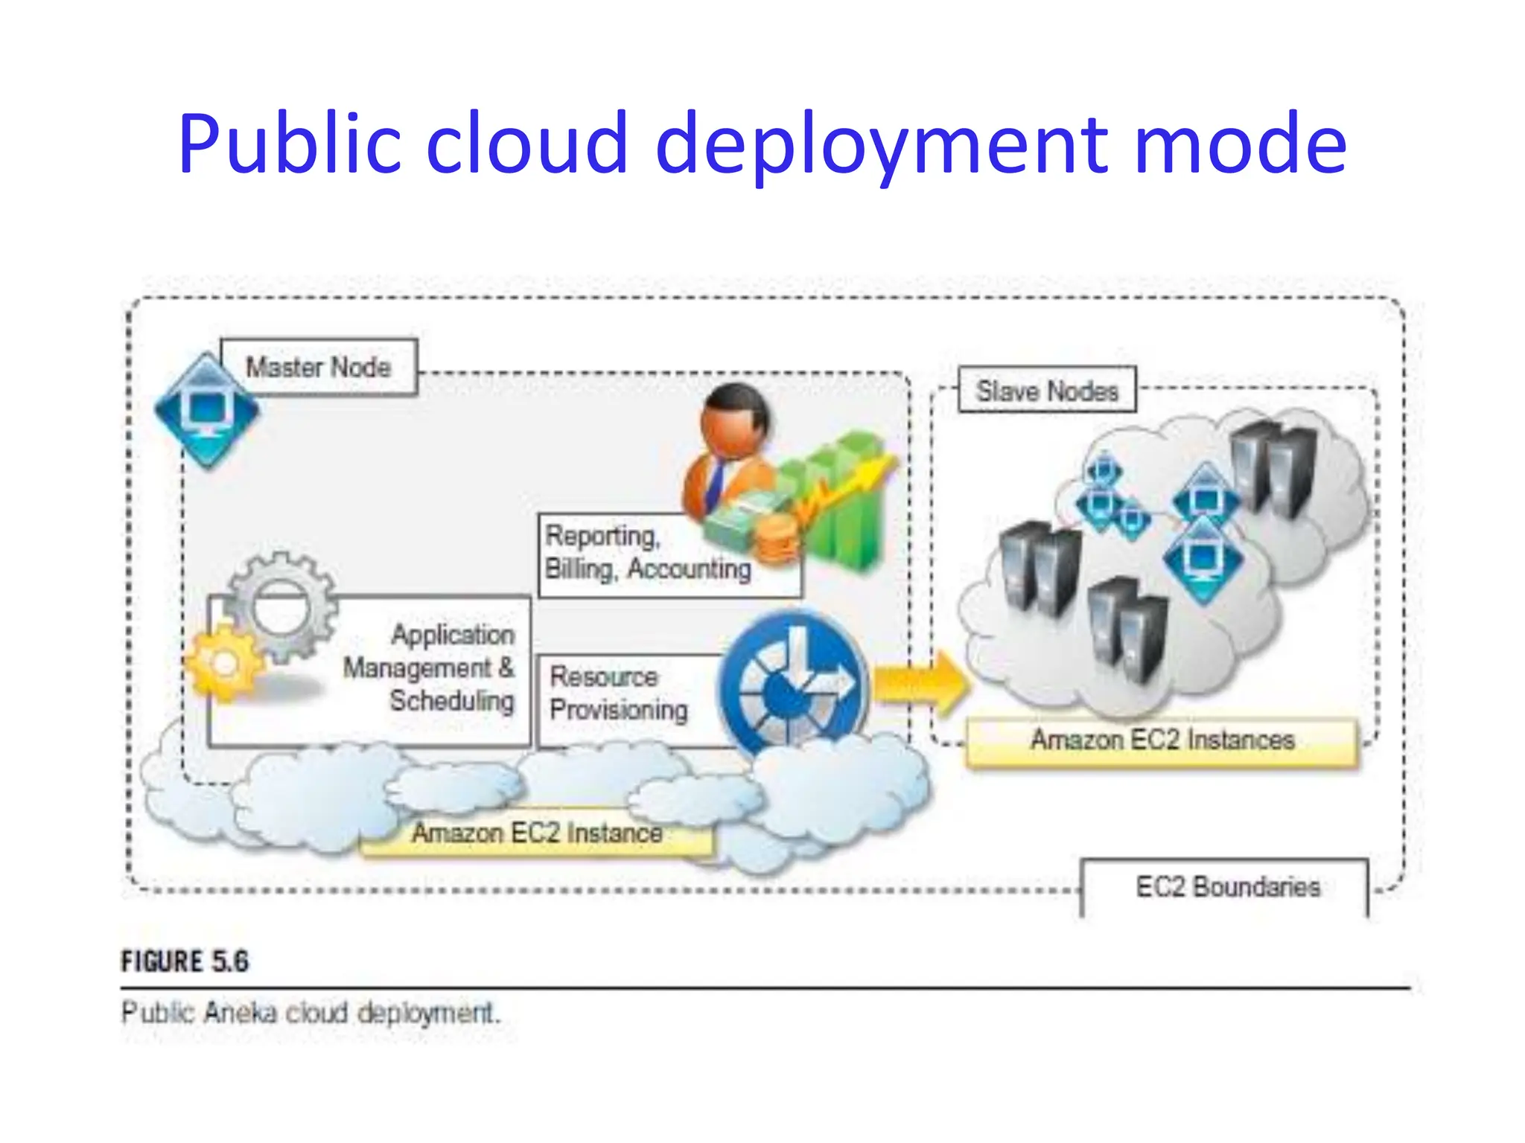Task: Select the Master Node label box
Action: tap(319, 367)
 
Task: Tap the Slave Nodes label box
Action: tap(1046, 391)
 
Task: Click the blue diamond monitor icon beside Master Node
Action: tap(207, 411)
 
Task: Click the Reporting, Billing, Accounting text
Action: tap(646, 553)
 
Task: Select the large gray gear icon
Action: tap(281, 606)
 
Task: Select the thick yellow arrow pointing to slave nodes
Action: tap(920, 682)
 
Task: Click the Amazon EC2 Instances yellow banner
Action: tap(1162, 740)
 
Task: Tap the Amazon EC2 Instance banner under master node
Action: tap(536, 833)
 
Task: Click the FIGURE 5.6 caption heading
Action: tap(185, 961)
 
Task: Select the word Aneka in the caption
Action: tap(240, 1013)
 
